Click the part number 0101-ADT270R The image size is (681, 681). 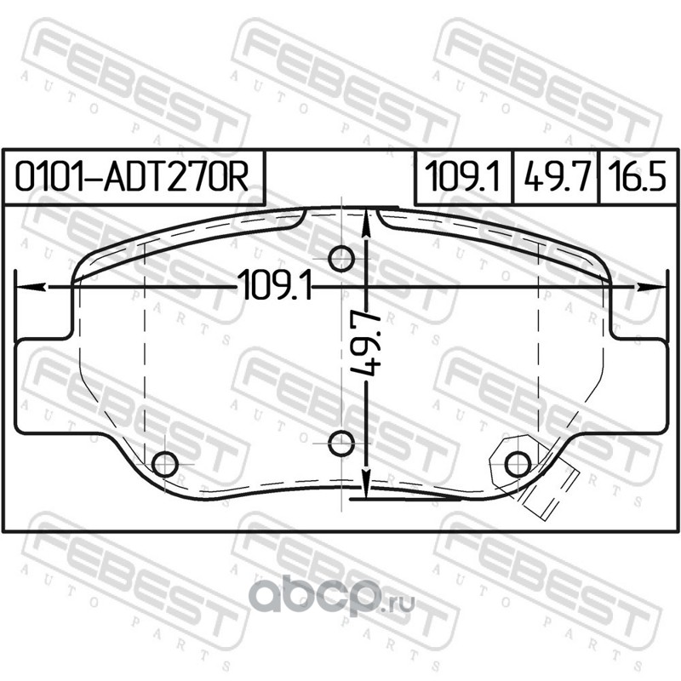pos(132,177)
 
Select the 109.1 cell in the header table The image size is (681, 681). pos(463,177)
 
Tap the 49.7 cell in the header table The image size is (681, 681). pos(557,177)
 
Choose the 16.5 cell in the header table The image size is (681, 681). pos(637,177)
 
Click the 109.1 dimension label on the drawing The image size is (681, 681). pos(275,285)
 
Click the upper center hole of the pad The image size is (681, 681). pos(341,259)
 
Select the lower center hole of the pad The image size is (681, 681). pos(341,444)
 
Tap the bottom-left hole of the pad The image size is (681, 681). pos(165,464)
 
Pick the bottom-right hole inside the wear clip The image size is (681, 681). pos(518,464)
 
